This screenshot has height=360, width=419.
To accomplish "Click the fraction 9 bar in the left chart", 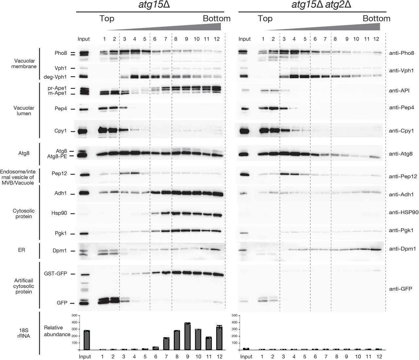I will click(x=187, y=336).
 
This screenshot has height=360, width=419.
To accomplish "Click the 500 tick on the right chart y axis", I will click(x=234, y=315).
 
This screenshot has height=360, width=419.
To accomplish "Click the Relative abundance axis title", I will click(x=57, y=331).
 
